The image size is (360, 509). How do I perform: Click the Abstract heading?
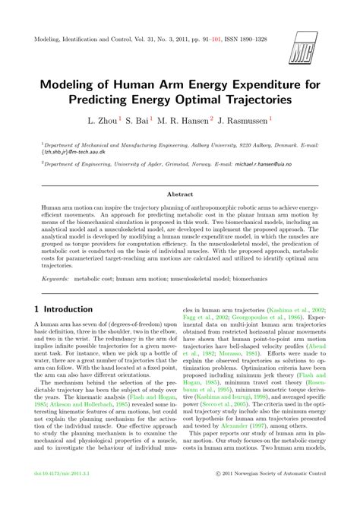[x=180, y=215]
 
